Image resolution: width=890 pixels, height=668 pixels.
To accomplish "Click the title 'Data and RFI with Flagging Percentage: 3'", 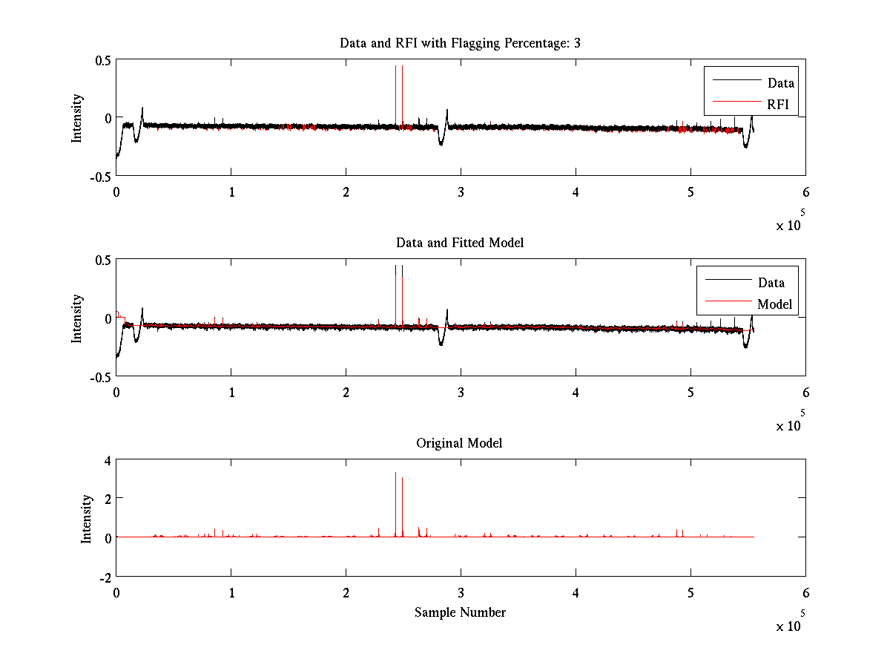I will click(x=460, y=43).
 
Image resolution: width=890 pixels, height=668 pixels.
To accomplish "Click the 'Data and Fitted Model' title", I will click(x=460, y=243).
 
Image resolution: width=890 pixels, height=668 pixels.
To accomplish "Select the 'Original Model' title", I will click(x=459, y=443).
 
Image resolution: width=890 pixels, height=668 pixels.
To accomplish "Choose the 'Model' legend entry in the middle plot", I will click(x=774, y=304).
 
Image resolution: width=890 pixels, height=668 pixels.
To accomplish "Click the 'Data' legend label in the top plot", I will click(x=781, y=83).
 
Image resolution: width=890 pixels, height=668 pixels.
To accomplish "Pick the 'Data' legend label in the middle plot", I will click(x=771, y=283).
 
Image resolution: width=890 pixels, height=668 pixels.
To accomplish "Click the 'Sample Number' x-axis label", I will click(x=460, y=612).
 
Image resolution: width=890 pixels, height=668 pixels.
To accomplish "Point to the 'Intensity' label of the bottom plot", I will click(x=87, y=519).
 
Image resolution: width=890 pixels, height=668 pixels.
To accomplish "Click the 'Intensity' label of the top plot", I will click(x=76, y=119).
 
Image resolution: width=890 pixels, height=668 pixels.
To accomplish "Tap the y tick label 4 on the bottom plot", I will click(x=107, y=460).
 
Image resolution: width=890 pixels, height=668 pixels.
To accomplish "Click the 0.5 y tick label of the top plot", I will click(x=102, y=61).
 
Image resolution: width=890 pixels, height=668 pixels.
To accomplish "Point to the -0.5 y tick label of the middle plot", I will click(x=100, y=377).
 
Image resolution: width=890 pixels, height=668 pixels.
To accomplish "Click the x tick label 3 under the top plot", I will click(x=461, y=191).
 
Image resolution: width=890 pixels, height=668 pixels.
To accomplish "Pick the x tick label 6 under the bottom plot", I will click(x=805, y=593).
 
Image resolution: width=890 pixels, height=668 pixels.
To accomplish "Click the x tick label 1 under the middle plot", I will click(x=231, y=392).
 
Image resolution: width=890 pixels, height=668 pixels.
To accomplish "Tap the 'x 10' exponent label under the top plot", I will click(x=789, y=226).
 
